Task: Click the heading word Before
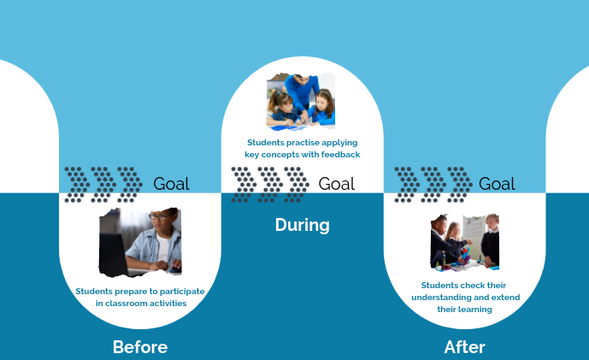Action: (x=140, y=347)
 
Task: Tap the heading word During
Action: (x=303, y=225)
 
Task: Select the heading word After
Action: (x=465, y=347)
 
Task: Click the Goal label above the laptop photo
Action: (x=171, y=184)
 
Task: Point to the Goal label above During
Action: (x=337, y=184)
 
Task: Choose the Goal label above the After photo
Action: (x=497, y=184)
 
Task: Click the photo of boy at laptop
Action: (x=140, y=242)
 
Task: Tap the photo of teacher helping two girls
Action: (x=301, y=102)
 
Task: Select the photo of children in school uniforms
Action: (x=465, y=242)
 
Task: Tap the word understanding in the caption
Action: (x=441, y=298)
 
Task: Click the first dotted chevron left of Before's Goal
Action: (x=77, y=185)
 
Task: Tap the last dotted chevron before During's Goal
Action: (x=297, y=185)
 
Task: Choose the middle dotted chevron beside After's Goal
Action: (x=433, y=185)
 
